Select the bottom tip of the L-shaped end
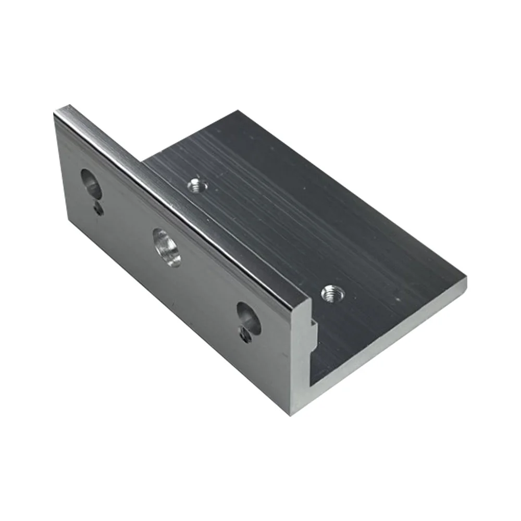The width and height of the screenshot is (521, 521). tap(291, 415)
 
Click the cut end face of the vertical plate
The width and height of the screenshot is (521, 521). tap(301, 359)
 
